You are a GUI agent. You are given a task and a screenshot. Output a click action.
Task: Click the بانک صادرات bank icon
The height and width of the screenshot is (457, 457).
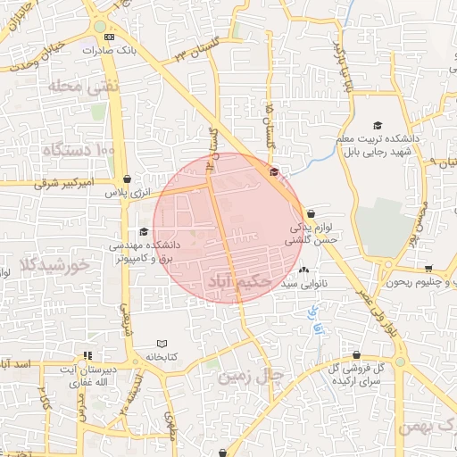tap(109, 37)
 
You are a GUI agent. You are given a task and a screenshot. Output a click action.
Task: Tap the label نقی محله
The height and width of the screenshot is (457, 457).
tap(71, 87)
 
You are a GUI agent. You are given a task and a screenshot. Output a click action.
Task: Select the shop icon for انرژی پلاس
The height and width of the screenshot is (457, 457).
tap(128, 179)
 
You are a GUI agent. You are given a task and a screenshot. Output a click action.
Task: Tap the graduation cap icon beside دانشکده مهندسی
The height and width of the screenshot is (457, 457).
tap(144, 231)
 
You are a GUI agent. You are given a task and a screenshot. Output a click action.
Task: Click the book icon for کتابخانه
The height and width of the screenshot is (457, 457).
tap(162, 344)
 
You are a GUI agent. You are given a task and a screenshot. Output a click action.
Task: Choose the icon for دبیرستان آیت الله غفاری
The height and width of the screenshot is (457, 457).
tap(87, 355)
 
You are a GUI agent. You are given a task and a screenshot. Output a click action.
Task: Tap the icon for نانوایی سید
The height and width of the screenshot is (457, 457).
tap(304, 270)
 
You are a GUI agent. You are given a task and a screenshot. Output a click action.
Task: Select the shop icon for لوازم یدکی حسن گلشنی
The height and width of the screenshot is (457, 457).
tap(311, 214)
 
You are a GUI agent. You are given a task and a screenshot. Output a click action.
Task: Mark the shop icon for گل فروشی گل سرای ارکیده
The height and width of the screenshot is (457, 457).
tap(357, 354)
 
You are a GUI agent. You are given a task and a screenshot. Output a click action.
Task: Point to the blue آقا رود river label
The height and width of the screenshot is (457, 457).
tap(314, 322)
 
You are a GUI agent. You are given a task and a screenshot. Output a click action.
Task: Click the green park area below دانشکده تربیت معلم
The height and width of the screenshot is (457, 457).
tap(386, 225)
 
